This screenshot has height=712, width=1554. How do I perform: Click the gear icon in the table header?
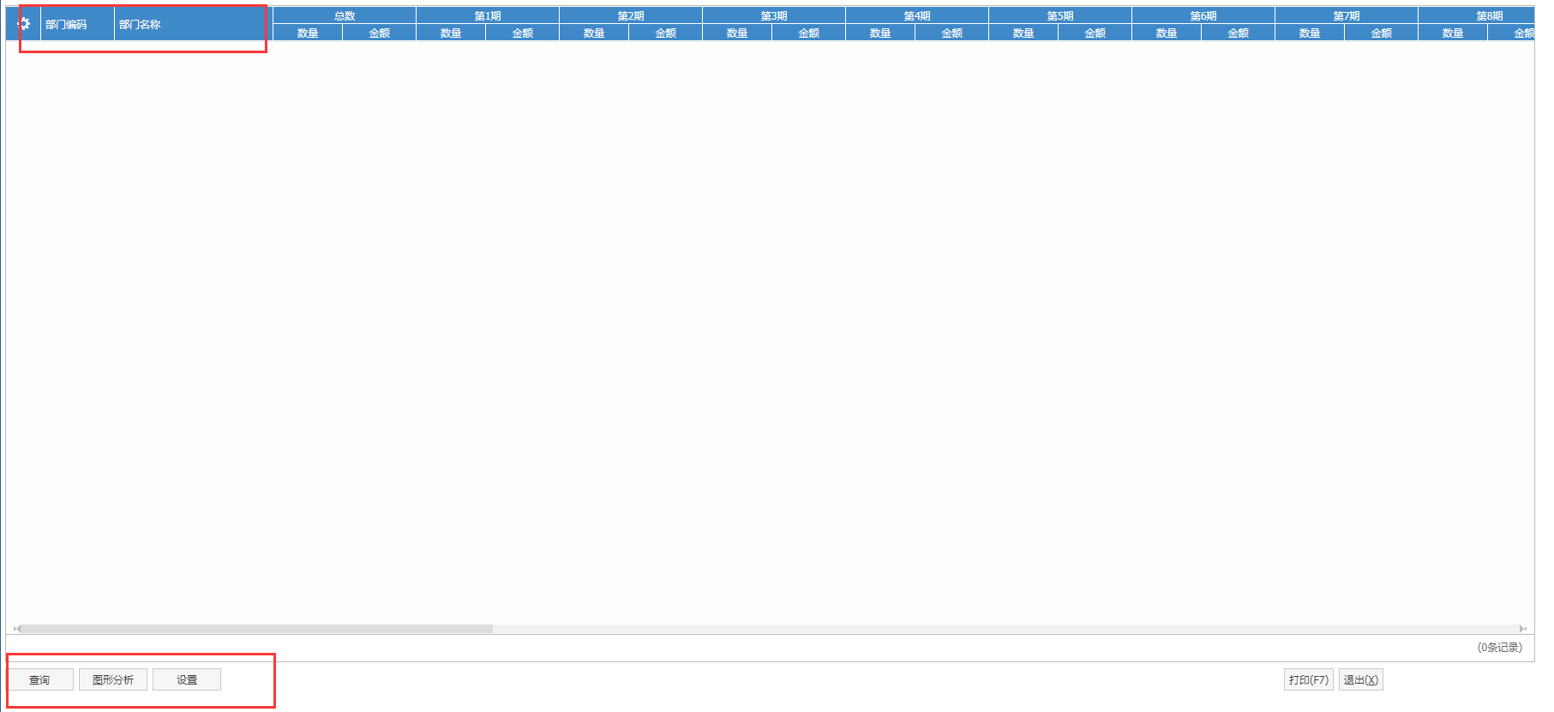(24, 24)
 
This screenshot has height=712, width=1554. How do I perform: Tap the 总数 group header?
(345, 15)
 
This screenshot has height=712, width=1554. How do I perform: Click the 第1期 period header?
(488, 15)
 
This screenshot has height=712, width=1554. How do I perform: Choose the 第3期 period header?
(774, 15)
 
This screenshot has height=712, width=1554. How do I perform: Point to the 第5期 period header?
(1060, 15)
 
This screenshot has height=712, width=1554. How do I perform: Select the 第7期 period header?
(1347, 15)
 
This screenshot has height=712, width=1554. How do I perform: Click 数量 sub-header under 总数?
(308, 33)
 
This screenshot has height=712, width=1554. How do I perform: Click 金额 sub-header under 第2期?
(666, 33)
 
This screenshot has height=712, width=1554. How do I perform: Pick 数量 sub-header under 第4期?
(880, 33)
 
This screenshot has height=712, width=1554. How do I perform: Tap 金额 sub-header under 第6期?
(1239, 33)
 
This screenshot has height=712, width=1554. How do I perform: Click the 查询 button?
(40, 679)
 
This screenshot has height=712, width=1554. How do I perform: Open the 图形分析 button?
(113, 679)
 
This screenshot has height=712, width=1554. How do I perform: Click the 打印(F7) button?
(1309, 679)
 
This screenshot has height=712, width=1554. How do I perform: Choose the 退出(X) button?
(1361, 679)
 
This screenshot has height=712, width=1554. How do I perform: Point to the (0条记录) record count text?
(1500, 648)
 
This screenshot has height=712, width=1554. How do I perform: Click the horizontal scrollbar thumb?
(255, 629)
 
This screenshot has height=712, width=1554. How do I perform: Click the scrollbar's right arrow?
(1522, 629)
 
